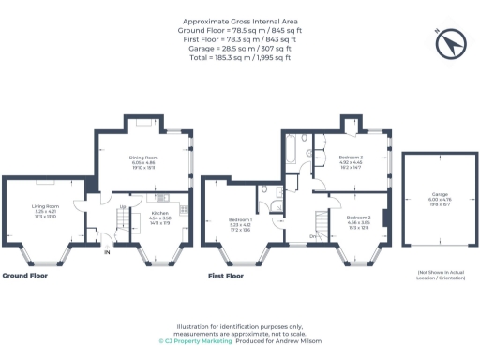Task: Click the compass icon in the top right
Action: tap(449, 42)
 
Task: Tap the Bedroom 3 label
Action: tap(350, 157)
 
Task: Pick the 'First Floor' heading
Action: tap(225, 277)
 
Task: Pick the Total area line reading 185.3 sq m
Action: tap(240, 58)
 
